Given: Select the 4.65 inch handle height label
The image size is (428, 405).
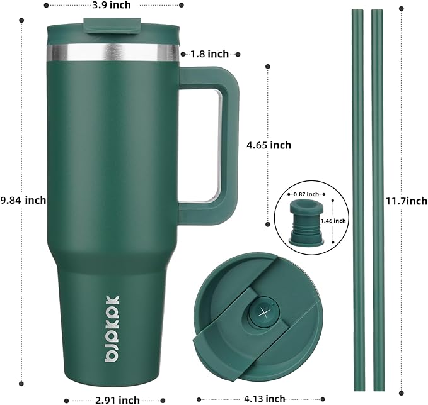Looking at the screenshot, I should (269, 145).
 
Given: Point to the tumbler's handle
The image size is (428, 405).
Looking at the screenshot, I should (214, 144).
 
